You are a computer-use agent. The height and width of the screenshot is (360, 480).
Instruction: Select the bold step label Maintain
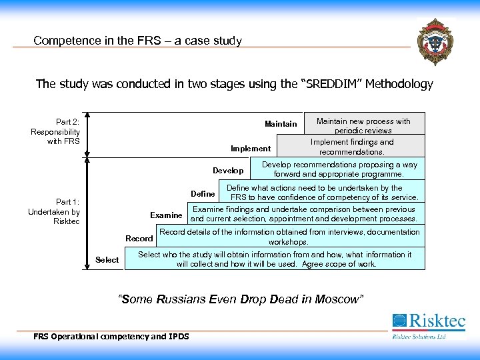281,124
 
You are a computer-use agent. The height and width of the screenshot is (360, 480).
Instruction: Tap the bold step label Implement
251,149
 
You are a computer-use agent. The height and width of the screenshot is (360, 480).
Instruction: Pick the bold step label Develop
228,171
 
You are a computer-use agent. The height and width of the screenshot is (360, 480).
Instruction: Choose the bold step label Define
203,194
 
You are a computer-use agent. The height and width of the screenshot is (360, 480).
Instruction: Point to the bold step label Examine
166,215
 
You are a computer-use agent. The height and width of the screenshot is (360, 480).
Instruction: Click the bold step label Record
139,238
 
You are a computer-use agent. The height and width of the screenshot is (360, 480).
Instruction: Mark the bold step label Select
107,260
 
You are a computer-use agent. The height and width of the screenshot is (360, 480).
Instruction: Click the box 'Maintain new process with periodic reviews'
363,125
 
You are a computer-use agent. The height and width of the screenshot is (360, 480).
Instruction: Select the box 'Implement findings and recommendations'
351,147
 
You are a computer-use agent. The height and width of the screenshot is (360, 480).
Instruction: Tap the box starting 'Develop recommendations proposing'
339,169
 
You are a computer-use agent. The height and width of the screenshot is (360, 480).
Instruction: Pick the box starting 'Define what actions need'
323,193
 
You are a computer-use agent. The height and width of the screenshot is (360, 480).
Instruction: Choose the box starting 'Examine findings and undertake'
305,214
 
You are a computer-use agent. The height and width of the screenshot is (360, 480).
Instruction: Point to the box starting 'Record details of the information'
289,237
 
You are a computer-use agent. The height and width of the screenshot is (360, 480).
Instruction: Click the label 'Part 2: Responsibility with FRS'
55,132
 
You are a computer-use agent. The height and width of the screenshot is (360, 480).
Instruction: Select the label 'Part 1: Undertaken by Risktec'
54,211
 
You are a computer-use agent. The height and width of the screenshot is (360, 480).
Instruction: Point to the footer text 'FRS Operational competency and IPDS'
111,336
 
